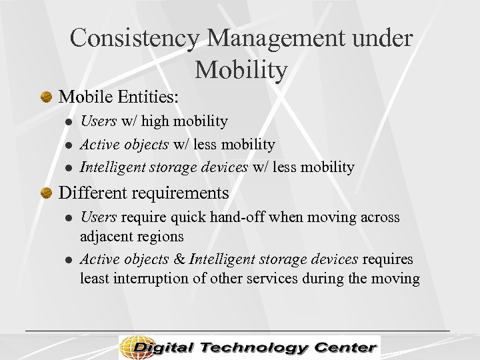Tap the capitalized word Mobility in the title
click(x=241, y=69)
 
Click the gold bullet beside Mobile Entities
click(x=46, y=97)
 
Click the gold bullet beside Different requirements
click(x=46, y=194)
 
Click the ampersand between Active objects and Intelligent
click(x=180, y=259)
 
